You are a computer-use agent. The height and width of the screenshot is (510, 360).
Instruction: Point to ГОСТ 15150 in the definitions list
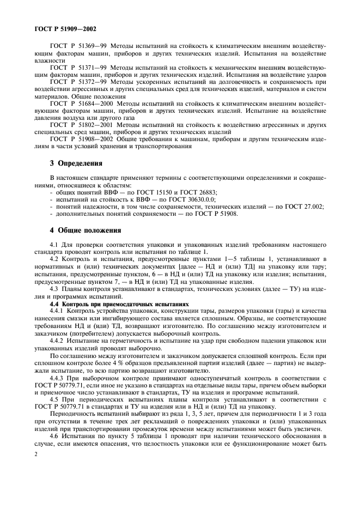[x=161, y=192]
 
